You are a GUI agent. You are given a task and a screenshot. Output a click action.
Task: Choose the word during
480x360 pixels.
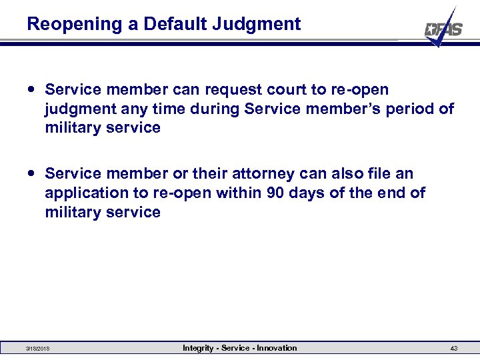tap(215, 109)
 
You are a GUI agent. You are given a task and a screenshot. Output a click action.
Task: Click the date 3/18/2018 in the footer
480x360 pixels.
tap(37, 349)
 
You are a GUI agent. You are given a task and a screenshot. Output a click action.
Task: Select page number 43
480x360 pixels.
tap(453, 349)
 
